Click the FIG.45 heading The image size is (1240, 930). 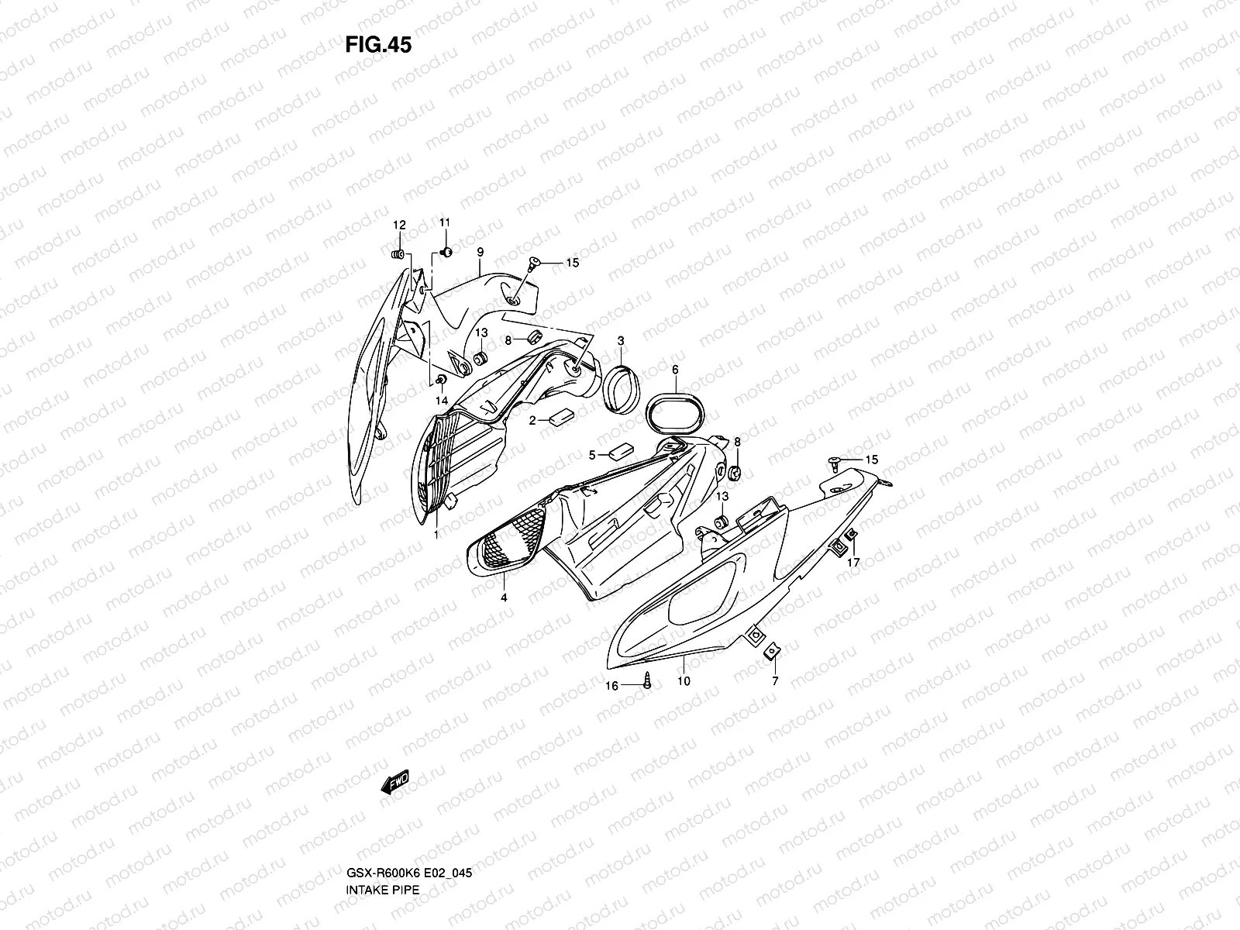pyautogui.click(x=378, y=45)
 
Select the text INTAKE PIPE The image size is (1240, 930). pyautogui.click(x=382, y=846)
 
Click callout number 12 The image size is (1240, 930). pyautogui.click(x=399, y=226)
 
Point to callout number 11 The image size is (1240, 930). pyautogui.click(x=445, y=223)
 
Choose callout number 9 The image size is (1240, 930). pyautogui.click(x=480, y=252)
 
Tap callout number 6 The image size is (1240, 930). pyautogui.click(x=675, y=370)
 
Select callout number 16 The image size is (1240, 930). pyautogui.click(x=611, y=686)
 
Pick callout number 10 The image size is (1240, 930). pyautogui.click(x=684, y=681)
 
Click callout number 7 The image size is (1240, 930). pyautogui.click(x=775, y=682)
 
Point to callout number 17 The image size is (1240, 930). pyautogui.click(x=853, y=563)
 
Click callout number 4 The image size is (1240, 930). pyautogui.click(x=504, y=598)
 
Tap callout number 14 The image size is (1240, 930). pyautogui.click(x=442, y=400)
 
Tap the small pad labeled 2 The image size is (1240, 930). pyautogui.click(x=560, y=418)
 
